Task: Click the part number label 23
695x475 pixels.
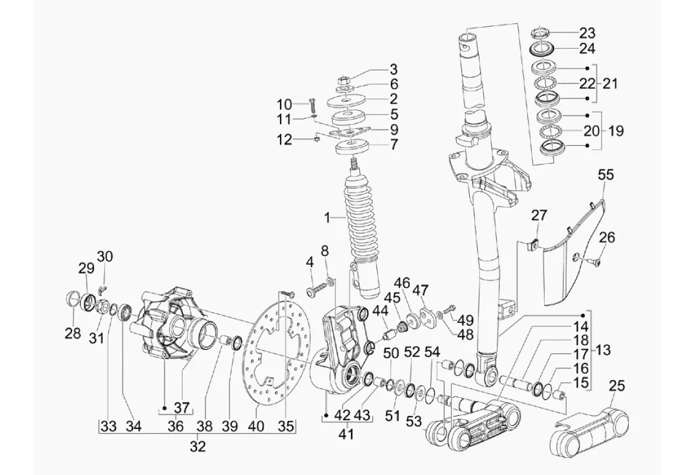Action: [587, 33]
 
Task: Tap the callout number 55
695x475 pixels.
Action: [605, 175]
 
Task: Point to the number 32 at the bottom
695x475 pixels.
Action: [198, 447]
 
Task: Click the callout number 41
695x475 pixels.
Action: [346, 434]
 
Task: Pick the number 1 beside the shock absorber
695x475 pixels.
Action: [327, 218]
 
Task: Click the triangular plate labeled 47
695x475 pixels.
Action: [428, 317]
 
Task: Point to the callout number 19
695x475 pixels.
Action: [615, 131]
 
